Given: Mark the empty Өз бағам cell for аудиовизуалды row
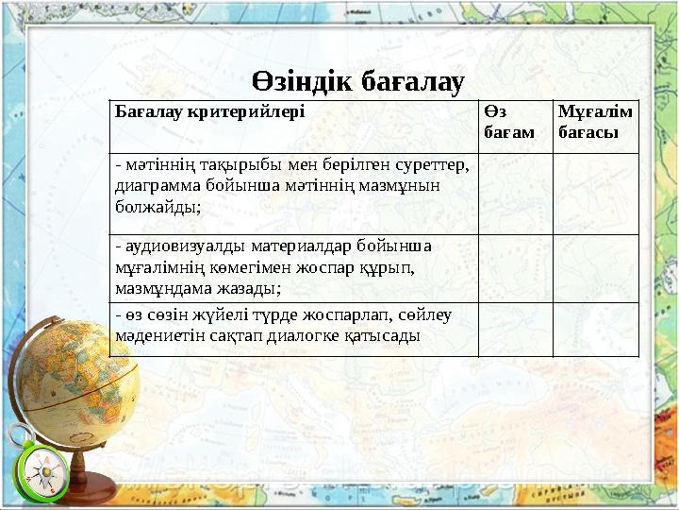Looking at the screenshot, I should pos(515,268).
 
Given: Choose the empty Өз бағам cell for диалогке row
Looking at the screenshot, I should pos(515,329).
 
